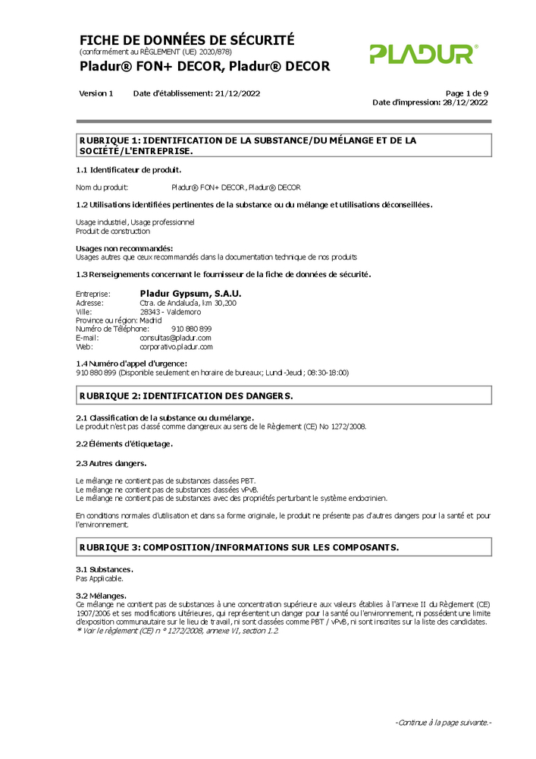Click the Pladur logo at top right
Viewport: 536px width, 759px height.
423,54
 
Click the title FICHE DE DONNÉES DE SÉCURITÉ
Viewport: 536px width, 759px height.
187,40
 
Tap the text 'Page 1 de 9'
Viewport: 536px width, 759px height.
466,93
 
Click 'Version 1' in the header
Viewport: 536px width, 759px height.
96,93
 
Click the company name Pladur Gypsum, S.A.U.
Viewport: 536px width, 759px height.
191,293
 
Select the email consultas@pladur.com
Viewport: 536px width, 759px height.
176,338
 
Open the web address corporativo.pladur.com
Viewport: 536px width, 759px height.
177,347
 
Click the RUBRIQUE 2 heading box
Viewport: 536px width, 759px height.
284,395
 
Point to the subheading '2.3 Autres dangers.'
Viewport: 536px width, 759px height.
111,462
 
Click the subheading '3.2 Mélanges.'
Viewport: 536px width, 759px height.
102,595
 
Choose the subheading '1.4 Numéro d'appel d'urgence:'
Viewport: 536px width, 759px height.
132,364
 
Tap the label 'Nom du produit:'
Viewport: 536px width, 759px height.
102,187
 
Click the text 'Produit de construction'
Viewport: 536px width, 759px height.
113,231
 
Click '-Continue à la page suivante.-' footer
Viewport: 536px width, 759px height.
443,723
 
